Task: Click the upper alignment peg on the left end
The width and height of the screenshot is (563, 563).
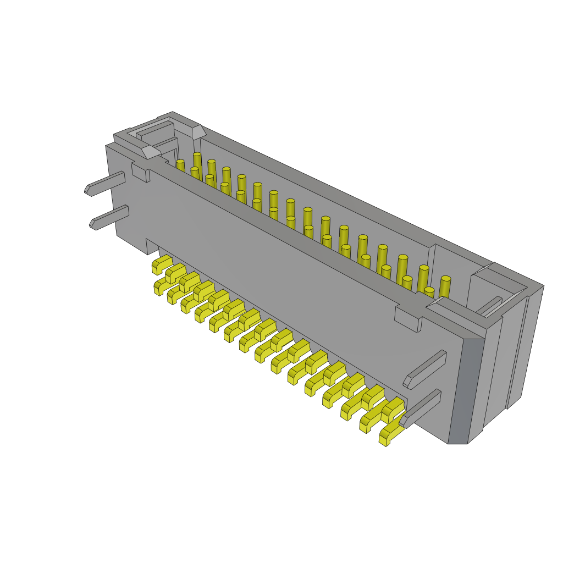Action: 106,184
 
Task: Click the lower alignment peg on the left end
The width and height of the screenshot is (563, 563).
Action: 110,218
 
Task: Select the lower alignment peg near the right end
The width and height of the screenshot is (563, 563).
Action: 421,409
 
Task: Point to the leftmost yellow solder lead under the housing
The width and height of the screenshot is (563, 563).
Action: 162,264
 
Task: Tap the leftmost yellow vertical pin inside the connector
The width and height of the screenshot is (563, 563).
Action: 180,165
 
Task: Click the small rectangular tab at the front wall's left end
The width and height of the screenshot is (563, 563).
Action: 140,172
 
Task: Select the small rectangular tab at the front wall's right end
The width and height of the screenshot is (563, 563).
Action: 407,318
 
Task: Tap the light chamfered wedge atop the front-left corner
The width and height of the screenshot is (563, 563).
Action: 150,152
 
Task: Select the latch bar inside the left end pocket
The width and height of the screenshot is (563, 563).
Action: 155,131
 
